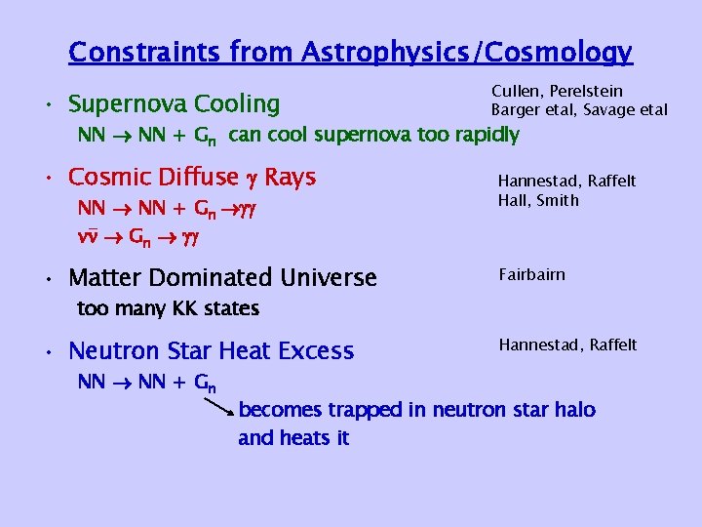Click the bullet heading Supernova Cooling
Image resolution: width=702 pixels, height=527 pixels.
tap(175, 103)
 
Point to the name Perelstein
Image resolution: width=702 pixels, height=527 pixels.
tap(587, 92)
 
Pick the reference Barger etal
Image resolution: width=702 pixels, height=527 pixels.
tap(534, 110)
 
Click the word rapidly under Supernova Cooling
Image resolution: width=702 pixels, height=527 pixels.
tap(486, 135)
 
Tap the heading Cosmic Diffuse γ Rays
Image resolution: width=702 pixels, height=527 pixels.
tap(192, 177)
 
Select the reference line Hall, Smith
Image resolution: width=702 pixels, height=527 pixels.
tap(538, 200)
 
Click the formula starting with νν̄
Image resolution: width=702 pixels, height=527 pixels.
tap(147, 235)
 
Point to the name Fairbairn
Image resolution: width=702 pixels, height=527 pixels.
tap(531, 274)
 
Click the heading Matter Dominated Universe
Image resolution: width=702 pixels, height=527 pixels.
tap(222, 278)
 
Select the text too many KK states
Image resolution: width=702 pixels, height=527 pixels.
tap(168, 309)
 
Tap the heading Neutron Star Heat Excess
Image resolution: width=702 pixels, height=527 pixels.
tap(212, 350)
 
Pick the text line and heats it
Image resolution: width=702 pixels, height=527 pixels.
tap(293, 438)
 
